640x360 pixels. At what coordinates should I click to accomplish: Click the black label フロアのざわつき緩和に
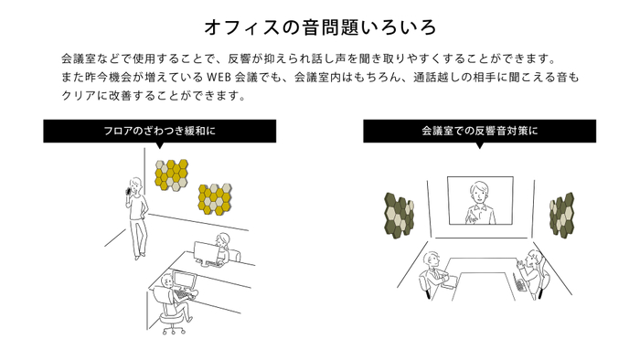(x=160, y=131)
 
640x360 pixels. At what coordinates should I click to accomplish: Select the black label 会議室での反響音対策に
(x=480, y=131)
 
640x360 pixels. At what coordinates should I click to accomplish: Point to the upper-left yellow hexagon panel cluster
(x=173, y=175)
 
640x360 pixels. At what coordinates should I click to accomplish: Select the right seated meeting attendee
(x=533, y=270)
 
